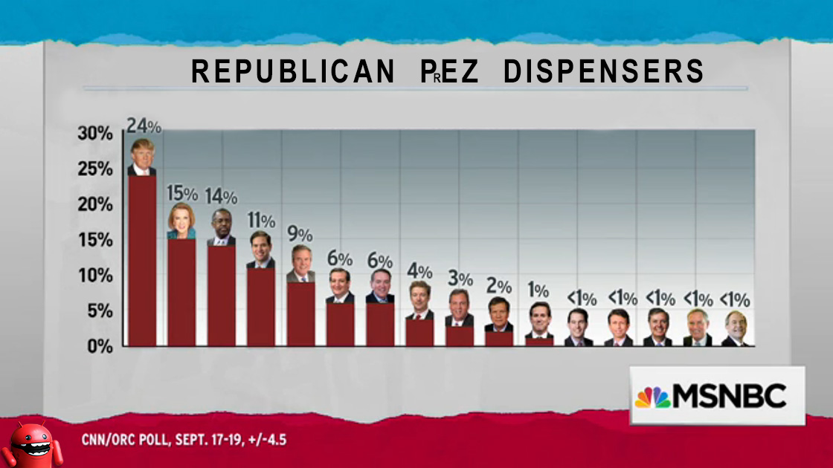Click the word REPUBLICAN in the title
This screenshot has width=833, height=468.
tap(293, 72)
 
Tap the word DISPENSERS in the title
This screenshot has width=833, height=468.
tap(603, 72)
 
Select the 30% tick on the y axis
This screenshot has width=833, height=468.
tap(95, 134)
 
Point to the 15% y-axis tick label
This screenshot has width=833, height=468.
tap(95, 240)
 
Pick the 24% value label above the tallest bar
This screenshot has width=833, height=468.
tap(143, 126)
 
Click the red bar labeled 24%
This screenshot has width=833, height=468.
tap(142, 260)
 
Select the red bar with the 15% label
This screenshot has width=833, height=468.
tap(181, 292)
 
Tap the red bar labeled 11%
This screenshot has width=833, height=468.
tap(260, 306)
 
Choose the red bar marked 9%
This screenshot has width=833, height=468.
tap(300, 313)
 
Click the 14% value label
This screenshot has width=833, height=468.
tap(221, 197)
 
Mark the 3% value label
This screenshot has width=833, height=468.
tap(460, 279)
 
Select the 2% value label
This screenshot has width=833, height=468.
tap(499, 286)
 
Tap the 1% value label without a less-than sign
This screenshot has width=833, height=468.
tap(538, 290)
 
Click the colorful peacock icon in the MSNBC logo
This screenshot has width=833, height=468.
tap(652, 397)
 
